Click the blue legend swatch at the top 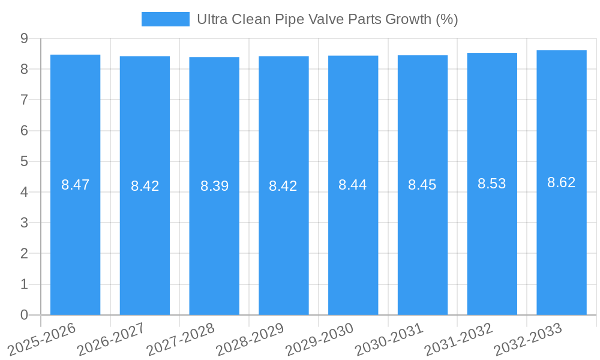coord(165,19)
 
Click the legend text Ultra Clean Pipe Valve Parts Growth coord(327,19)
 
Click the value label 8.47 coord(75,185)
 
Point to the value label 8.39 coord(214,186)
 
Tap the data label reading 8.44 coord(353,185)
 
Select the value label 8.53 coord(492,184)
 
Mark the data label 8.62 coord(562,182)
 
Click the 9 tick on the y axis coord(24,38)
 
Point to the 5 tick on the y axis coord(24,161)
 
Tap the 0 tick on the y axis coord(24,315)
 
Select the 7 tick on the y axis coord(24,100)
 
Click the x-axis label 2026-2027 coord(111,340)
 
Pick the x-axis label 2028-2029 coord(250,340)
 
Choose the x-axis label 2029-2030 coord(319,340)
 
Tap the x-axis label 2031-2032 coord(458,340)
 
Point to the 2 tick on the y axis coord(24,254)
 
